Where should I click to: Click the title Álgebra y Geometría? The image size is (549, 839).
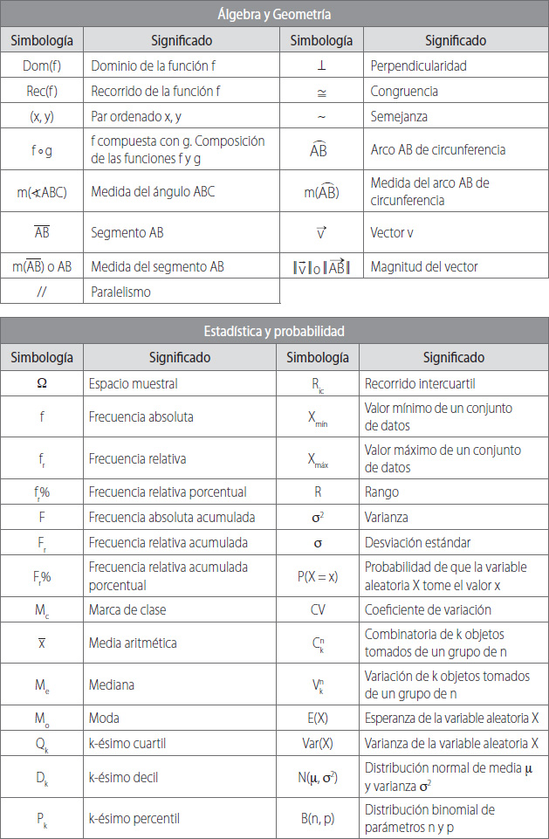[274, 14]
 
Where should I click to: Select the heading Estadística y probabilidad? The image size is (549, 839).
[274, 331]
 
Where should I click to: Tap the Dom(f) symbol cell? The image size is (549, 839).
[42, 65]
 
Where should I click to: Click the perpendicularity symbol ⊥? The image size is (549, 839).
[320, 65]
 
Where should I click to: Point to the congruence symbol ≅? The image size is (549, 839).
[320, 91]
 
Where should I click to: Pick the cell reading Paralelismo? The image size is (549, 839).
[120, 292]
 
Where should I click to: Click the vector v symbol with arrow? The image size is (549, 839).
[320, 232]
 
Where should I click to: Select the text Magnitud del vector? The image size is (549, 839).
[424, 266]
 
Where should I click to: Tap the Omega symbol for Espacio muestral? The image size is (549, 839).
[42, 383]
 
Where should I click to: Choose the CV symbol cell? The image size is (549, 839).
[318, 609]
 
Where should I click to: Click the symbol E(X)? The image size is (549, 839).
[318, 719]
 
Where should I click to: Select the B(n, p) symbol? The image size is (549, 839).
[318, 818]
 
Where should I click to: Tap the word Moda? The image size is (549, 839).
[104, 719]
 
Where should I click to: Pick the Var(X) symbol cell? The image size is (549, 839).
[318, 744]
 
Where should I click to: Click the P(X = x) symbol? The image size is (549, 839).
[318, 576]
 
